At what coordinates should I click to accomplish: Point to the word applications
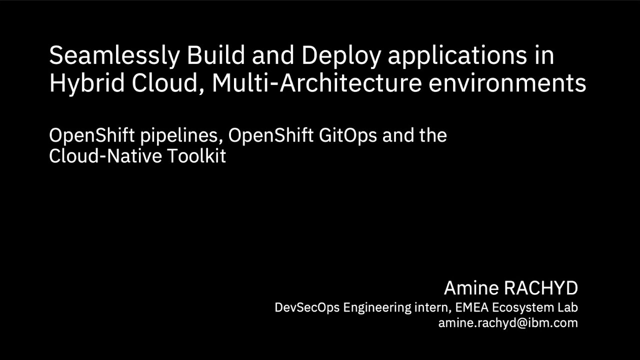pos(457,56)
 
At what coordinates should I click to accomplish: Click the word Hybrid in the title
pos(87,83)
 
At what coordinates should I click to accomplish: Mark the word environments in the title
pos(507,83)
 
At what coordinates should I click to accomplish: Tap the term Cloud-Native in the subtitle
pos(105,156)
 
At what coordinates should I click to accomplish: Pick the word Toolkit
pos(196,156)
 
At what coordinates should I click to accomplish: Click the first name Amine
pos(470,288)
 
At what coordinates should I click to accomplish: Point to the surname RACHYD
pos(540,288)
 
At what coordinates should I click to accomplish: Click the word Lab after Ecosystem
pos(567,307)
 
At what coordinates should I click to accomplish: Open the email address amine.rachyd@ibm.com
pos(508,323)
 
